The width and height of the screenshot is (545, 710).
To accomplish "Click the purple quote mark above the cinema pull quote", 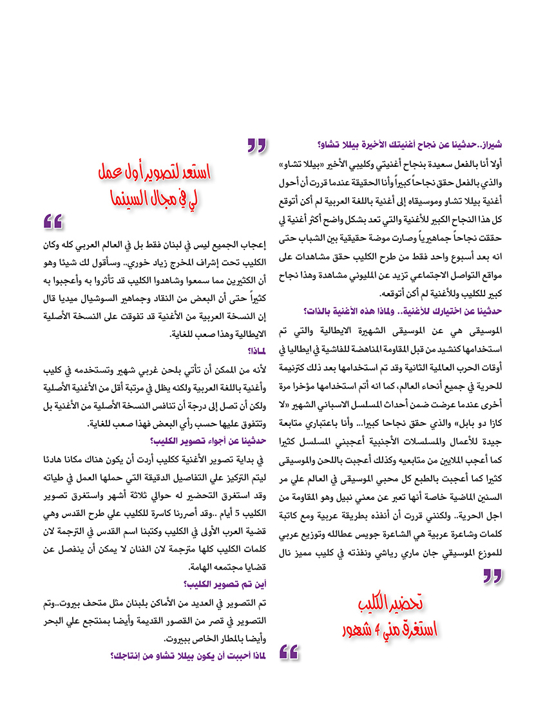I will click(x=257, y=146).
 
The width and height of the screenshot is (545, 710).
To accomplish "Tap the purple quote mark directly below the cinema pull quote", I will click(x=53, y=222).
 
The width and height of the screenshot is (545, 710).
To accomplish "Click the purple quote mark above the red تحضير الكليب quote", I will click(x=492, y=575).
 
